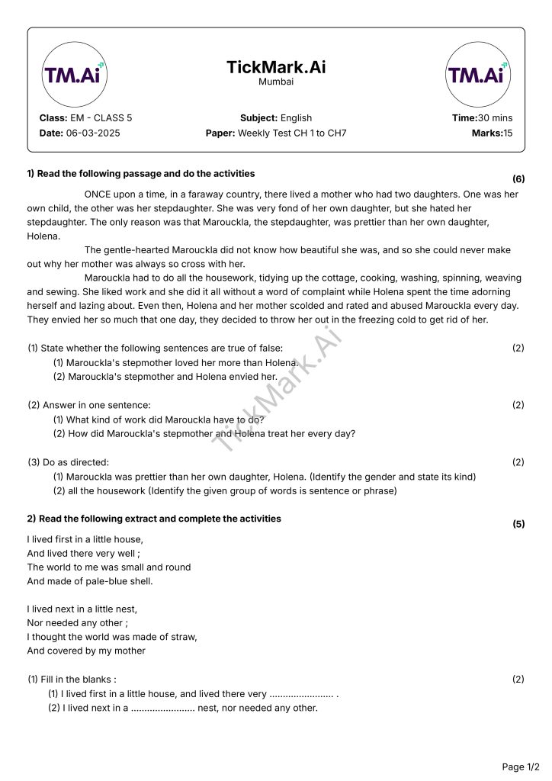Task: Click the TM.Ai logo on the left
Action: pos(75,75)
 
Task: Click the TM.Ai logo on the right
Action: pos(477,75)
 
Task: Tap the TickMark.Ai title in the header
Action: pos(276,67)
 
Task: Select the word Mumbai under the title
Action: pos(276,82)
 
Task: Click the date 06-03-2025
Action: pos(93,133)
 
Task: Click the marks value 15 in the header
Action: pos(508,133)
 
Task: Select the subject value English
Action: pos(296,118)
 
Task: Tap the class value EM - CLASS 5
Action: pos(101,118)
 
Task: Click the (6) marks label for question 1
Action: pos(518,179)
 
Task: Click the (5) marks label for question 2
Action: pos(518,524)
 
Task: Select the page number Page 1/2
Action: pos(521,767)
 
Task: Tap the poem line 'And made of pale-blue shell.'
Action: pos(90,581)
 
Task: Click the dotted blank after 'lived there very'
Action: pos(302,694)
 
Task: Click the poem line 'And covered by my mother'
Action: pos(86,651)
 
